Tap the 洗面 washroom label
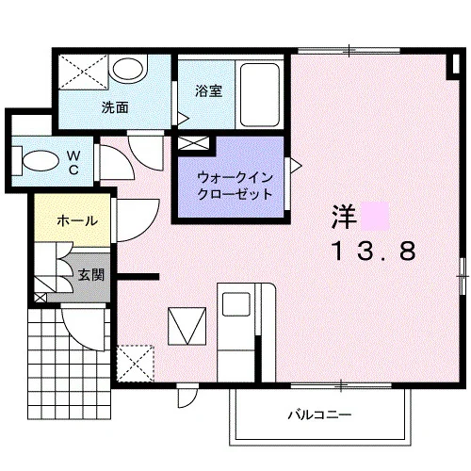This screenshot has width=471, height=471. (115, 107)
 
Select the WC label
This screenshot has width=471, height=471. (73, 162)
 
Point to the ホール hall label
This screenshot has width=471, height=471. (77, 221)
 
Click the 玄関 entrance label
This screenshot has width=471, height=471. (91, 275)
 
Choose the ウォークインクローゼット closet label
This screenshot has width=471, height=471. (235, 187)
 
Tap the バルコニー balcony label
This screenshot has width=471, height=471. (319, 415)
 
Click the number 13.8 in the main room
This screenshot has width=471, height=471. (375, 251)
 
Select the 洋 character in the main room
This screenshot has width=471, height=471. (345, 217)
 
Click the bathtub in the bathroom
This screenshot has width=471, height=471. (260, 95)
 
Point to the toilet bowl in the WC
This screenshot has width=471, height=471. (41, 161)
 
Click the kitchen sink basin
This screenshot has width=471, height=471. (236, 304)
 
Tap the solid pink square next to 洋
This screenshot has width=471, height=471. (375, 216)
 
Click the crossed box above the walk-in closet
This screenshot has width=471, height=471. (193, 143)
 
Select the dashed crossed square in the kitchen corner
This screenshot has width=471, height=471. (136, 364)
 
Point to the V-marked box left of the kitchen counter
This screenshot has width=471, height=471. (187, 326)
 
